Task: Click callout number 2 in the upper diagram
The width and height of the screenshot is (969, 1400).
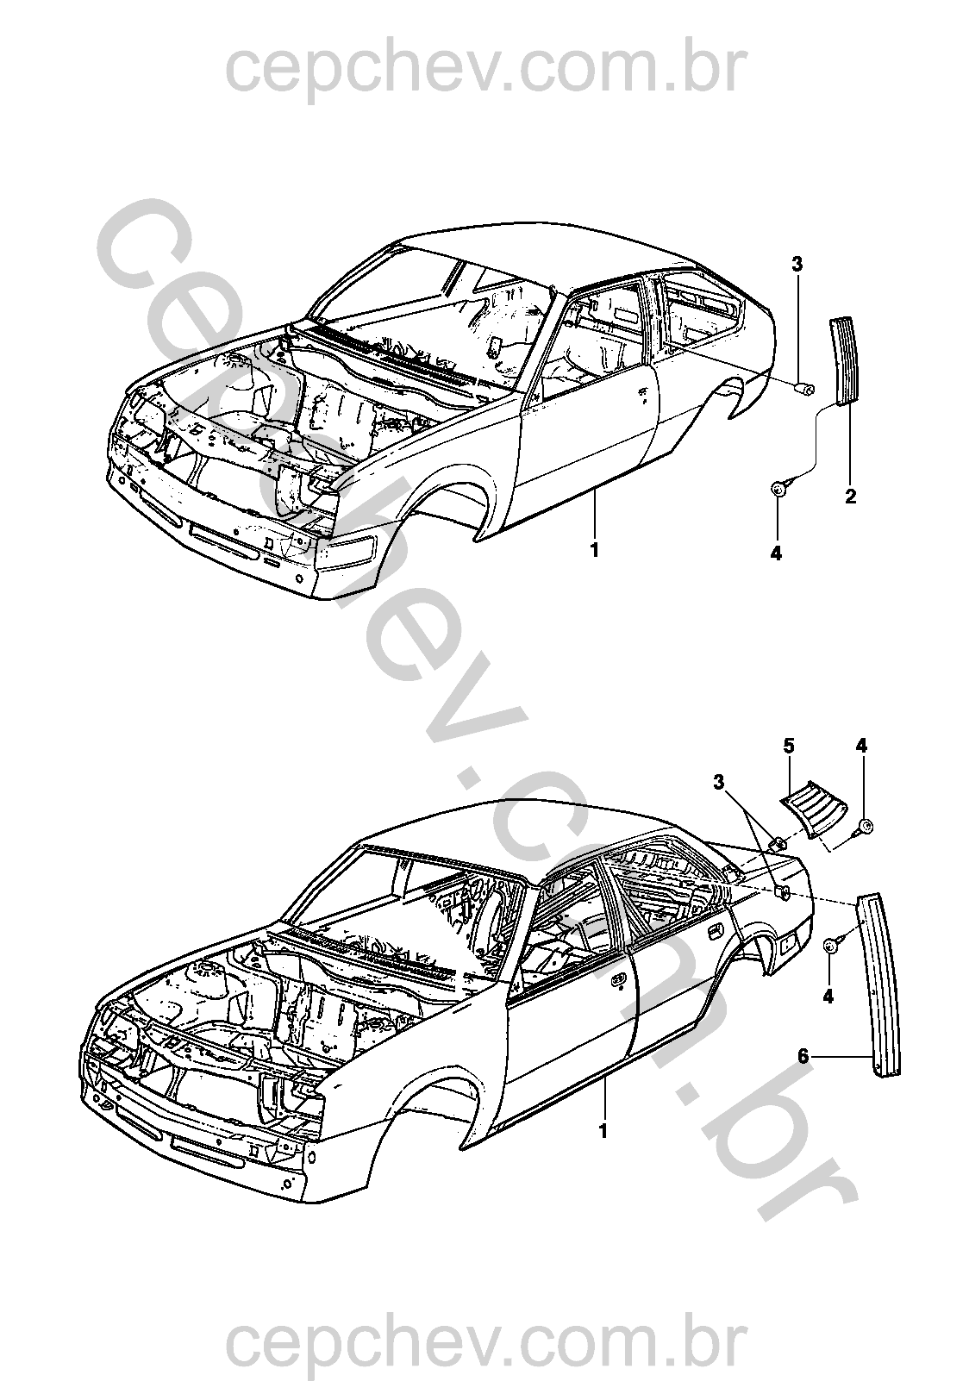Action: [850, 497]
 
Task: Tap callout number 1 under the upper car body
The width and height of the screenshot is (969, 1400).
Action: [594, 548]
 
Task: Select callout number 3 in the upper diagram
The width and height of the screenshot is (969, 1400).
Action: [797, 265]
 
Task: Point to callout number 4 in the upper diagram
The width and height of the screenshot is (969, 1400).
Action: [776, 553]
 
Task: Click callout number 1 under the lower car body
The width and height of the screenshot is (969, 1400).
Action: [603, 1129]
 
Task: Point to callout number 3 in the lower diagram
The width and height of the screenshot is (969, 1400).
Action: [720, 783]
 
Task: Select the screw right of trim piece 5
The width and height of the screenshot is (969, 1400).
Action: [866, 828]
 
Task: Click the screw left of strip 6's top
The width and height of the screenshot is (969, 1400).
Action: [833, 945]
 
